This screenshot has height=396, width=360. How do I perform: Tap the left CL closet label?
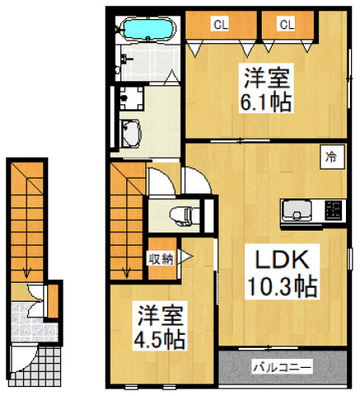(220, 25)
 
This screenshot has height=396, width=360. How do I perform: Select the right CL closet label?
(286, 25)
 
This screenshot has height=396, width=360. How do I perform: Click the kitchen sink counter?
(295, 212)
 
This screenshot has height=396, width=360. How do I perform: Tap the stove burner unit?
(334, 211)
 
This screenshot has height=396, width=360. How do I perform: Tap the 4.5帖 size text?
(161, 339)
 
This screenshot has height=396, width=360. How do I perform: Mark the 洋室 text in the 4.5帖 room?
(161, 315)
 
